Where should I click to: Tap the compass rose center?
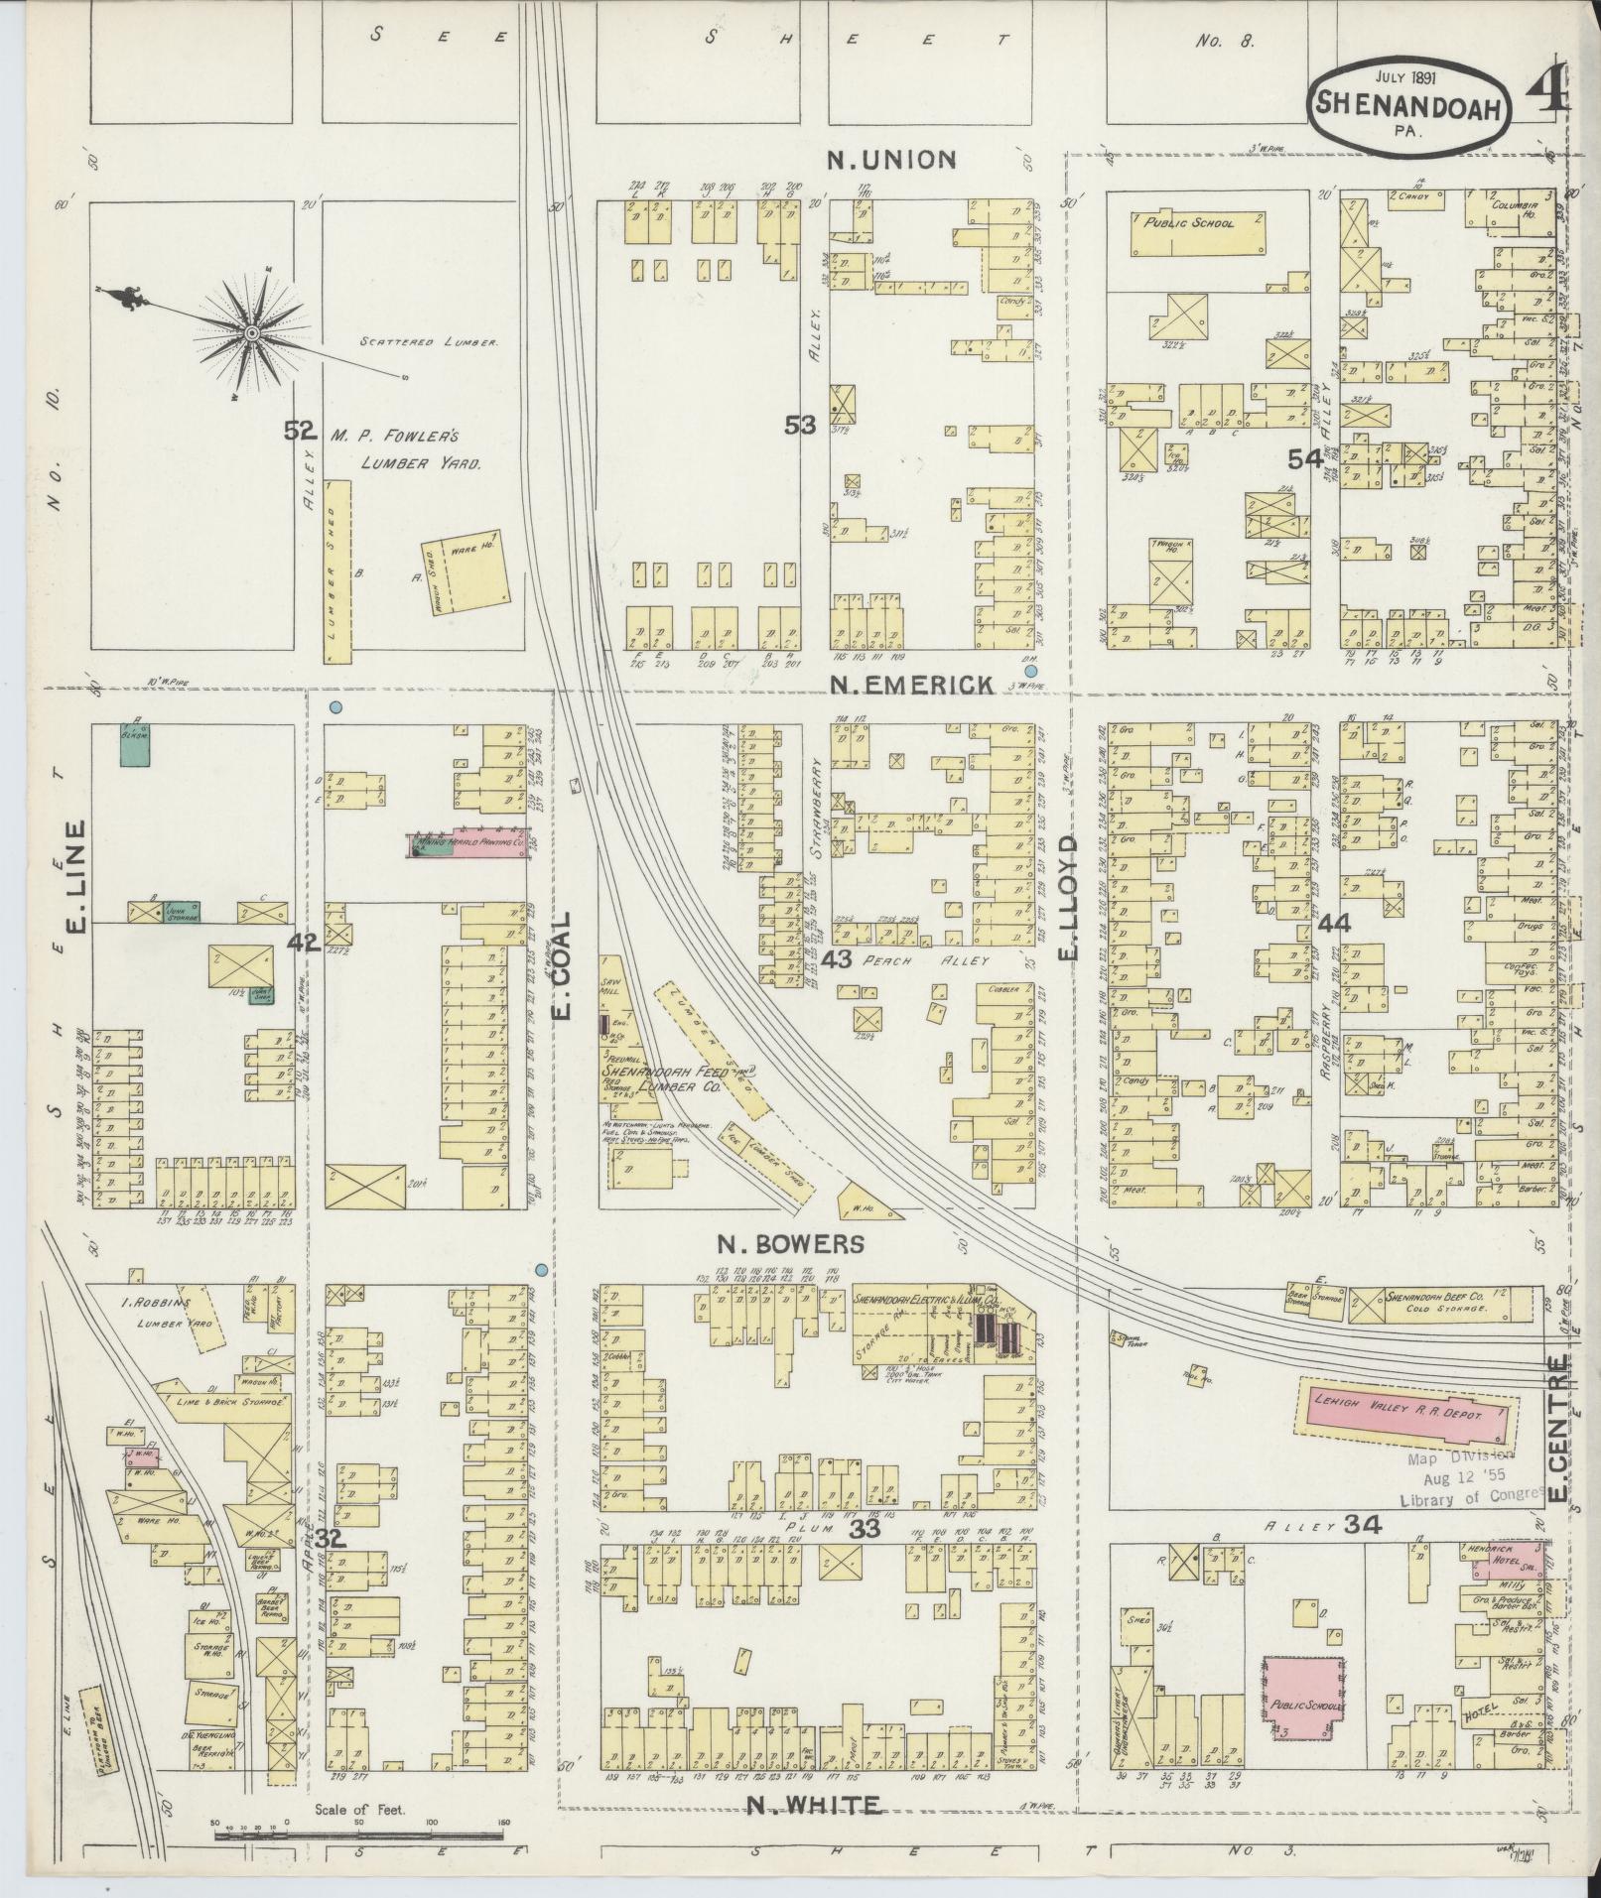[253, 333]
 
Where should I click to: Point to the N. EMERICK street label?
[911, 684]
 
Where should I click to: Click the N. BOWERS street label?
[791, 1243]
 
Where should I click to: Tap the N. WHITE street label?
[814, 1805]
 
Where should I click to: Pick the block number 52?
[299, 430]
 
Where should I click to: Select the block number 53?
[800, 425]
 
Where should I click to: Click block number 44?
[1334, 923]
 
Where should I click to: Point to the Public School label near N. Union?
[1200, 223]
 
